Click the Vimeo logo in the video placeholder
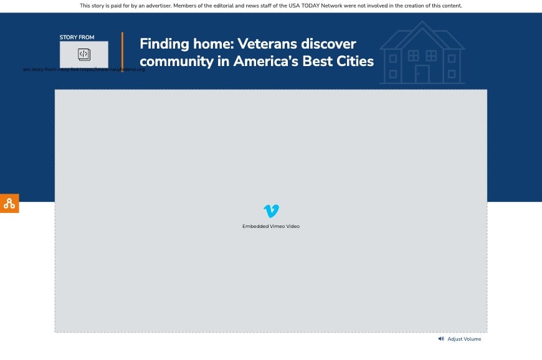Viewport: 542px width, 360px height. (271, 211)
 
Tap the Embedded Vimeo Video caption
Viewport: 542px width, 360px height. (271, 226)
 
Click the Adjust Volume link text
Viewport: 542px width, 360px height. (464, 339)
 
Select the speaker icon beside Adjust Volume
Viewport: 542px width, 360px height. (441, 339)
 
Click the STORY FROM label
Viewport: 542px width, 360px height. (77, 37)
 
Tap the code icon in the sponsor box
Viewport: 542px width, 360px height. (84, 54)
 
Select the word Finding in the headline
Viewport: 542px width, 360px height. (164, 44)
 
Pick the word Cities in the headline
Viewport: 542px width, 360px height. (353, 61)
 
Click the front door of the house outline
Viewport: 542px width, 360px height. (422, 73)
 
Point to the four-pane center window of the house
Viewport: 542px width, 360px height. (413, 55)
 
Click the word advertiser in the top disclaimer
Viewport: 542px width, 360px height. (154, 6)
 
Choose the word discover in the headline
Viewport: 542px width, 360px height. (329, 44)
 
